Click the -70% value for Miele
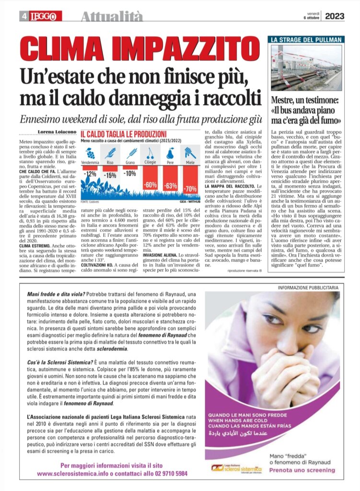coord(190,189)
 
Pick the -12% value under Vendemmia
coord(90,174)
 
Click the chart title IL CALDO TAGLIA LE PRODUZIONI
coord(123,134)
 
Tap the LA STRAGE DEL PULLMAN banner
coord(306,40)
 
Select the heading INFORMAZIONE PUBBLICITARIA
coord(308,288)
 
